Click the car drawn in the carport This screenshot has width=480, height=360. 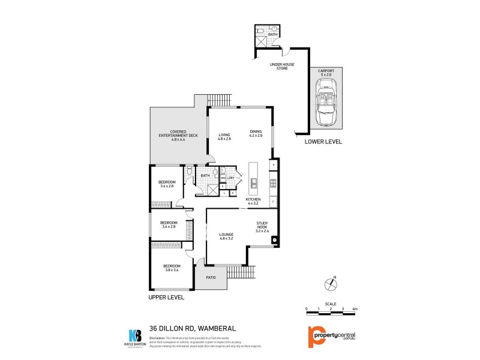[326, 107]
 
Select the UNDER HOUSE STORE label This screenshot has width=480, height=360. [278, 67]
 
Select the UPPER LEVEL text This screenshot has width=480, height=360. [166, 297]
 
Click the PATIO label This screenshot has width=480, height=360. [211, 278]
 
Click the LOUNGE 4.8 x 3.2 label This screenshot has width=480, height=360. [227, 236]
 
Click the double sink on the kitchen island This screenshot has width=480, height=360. [254, 183]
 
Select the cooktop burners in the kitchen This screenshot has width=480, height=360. [273, 184]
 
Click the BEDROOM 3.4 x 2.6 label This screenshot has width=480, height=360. [167, 184]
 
